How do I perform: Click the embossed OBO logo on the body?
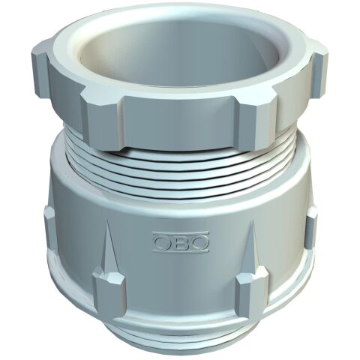[181, 241]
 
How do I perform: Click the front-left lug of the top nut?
[103, 118]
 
